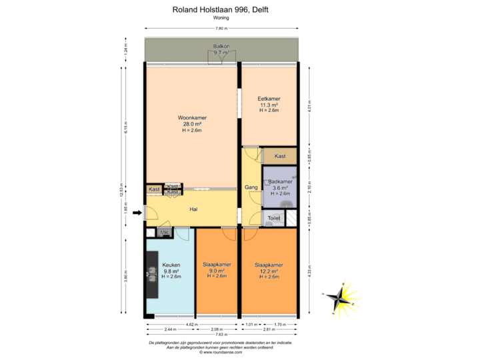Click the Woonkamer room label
point(192,118)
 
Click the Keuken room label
point(171,265)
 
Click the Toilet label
point(274,218)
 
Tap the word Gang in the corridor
point(251,188)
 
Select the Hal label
point(193,209)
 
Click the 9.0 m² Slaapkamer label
point(217,265)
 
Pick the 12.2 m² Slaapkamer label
point(269,265)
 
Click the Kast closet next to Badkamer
point(281,156)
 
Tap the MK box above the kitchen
point(165,232)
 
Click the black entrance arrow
point(137,213)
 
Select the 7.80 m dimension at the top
point(221,29)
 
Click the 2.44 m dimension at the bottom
point(170,329)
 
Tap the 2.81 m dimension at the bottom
point(269,329)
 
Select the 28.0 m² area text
point(192,124)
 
